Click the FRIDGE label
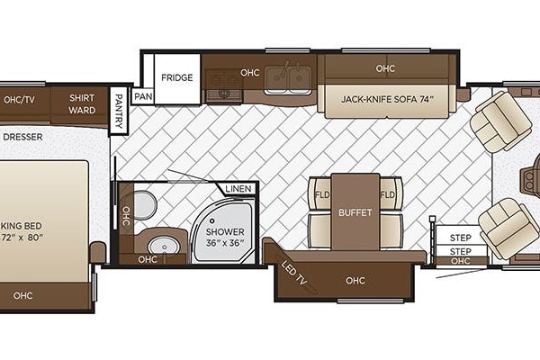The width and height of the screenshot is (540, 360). tap(177, 77)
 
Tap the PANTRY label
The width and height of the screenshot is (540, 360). tap(119, 111)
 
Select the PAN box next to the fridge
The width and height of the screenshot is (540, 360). tap(143, 96)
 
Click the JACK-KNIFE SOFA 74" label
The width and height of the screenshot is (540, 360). tap(387, 99)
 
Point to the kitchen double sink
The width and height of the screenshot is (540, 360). tap(288, 80)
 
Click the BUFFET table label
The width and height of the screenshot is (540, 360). tap(355, 212)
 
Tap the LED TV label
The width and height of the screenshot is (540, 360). tap(293, 273)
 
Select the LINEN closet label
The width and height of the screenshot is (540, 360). tap(238, 188)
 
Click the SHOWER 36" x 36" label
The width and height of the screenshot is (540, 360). tap(225, 237)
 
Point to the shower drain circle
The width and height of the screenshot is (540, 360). tap(212, 220)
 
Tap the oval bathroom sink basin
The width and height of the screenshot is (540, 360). tap(164, 246)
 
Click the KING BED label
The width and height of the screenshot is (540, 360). tap(22, 231)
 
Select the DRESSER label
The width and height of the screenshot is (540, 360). tap(22, 137)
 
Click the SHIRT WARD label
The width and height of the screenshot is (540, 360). tap(82, 104)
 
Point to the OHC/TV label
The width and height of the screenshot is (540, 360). tap(19, 100)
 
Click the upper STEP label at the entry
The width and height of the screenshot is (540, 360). tap(461, 238)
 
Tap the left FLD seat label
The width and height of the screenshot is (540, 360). tap(322, 194)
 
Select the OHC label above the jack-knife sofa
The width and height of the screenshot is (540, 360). tap(385, 68)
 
